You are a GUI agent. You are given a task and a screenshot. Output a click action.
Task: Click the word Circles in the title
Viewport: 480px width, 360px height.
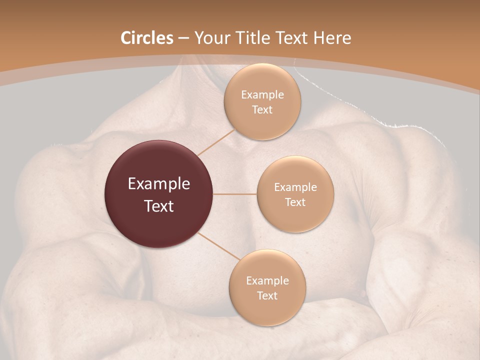pos(146,38)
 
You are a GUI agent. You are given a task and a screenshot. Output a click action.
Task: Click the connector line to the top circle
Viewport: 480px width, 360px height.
pos(216,141)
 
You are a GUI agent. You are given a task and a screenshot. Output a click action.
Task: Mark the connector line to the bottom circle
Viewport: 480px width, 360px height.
pos(219,246)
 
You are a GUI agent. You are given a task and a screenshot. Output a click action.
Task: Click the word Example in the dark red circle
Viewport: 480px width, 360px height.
pos(158,184)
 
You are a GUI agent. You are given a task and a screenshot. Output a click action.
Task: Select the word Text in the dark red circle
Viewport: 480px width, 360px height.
pos(158,206)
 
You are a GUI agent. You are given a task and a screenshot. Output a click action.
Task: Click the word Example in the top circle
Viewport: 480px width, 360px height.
pos(262,95)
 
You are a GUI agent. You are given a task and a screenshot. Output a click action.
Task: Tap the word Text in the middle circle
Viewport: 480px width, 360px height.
pos(295,202)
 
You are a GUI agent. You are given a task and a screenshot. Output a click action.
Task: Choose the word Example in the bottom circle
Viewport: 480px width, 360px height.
pos(267,281)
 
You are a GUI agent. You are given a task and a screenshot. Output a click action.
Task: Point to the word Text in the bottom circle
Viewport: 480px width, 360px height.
pos(267,296)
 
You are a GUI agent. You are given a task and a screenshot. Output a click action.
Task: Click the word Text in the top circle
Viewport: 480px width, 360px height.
pos(262,110)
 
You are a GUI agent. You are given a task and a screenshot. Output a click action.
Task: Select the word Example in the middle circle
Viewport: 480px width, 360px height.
pos(295,187)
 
